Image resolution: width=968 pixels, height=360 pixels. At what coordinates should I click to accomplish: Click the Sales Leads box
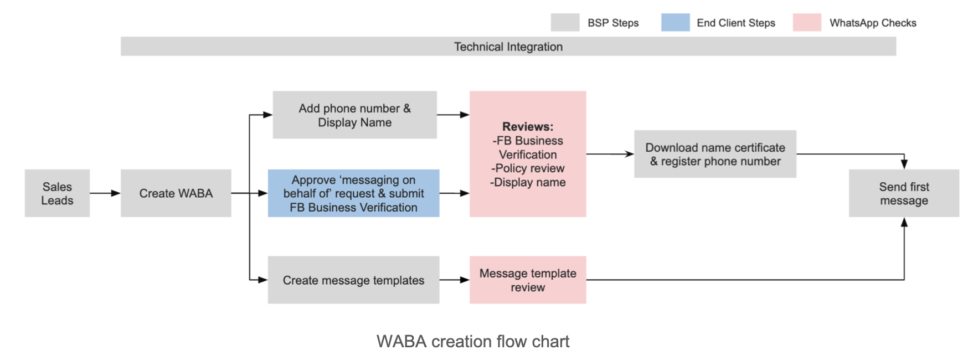click(57, 193)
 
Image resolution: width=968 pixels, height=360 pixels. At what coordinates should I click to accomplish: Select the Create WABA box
click(176, 193)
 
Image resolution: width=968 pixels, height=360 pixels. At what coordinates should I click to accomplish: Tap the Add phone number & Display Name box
click(354, 115)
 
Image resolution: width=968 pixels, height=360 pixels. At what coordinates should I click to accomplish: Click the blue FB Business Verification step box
click(353, 193)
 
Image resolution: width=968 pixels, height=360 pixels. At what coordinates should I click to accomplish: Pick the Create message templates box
click(353, 280)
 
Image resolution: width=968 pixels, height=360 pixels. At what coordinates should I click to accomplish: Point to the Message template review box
click(528, 280)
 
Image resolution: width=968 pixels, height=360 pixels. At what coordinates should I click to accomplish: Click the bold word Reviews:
click(528, 127)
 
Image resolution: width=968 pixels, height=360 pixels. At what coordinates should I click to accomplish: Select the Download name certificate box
click(715, 155)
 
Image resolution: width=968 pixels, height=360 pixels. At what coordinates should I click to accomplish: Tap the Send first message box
click(904, 193)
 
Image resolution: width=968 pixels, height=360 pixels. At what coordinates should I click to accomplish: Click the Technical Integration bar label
click(508, 47)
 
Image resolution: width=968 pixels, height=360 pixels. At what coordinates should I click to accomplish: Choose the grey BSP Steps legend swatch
click(565, 23)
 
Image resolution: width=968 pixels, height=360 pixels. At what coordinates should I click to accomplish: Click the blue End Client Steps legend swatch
click(675, 23)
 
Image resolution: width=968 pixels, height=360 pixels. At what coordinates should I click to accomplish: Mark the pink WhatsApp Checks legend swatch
click(807, 23)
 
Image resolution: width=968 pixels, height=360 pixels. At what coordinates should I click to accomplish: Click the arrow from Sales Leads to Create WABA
click(105, 193)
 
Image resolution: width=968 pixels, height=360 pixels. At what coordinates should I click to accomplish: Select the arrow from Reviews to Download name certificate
click(610, 154)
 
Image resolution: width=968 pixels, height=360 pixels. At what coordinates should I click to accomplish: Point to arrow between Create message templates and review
click(455, 280)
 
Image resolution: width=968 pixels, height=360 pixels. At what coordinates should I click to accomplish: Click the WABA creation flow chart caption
click(473, 342)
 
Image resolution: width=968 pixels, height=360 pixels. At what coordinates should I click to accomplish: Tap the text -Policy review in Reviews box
click(528, 168)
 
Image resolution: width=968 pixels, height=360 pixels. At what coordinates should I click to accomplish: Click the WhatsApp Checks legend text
click(873, 23)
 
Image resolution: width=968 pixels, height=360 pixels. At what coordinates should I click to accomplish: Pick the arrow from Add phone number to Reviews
click(453, 115)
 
